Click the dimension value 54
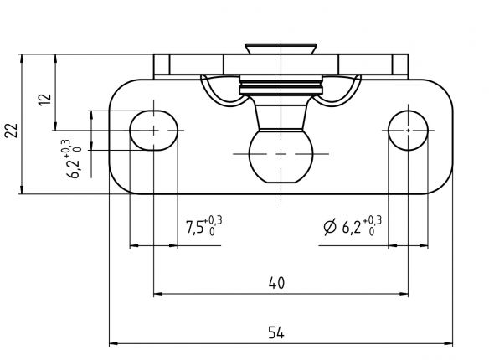coord(275,332)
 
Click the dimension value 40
coord(276,284)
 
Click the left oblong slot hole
coord(155,130)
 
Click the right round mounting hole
coord(408,130)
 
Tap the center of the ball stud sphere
coord(280,153)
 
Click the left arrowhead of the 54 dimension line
coord(115,342)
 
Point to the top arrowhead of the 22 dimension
coord(23,59)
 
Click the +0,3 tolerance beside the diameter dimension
coord(373,220)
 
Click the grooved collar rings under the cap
coord(280,84)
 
